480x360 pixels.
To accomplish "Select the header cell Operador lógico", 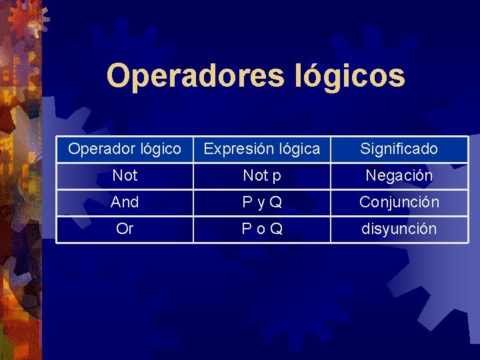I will coord(125,149).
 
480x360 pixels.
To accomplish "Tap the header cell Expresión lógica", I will coord(261,149).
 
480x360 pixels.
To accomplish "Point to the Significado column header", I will coord(399,149).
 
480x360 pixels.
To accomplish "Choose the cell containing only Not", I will coord(125,175).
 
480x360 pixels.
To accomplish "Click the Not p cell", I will coord(261,175).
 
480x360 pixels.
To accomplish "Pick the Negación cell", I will coord(399,175).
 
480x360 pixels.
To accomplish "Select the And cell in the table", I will coord(125,202).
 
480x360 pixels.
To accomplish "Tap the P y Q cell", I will coord(261,202).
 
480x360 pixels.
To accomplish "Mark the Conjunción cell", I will coord(399,202).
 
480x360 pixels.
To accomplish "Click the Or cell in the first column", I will coord(125,229).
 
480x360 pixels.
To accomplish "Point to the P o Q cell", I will coord(261,229).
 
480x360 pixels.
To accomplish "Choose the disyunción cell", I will coord(399,229).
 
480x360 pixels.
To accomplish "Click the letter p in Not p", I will coord(275,177).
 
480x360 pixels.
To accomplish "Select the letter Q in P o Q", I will coord(276,229).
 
